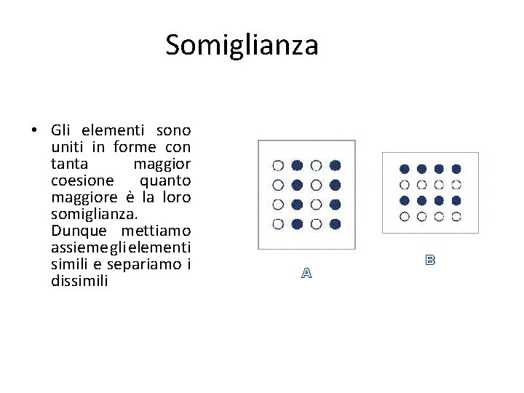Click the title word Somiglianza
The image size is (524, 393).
tap(242, 45)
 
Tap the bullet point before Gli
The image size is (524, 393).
tap(34, 131)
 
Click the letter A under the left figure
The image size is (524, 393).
tap(306, 274)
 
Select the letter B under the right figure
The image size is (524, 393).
tap(430, 259)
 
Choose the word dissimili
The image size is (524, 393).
tap(79, 281)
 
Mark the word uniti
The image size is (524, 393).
tap(66, 147)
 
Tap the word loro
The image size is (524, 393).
tap(175, 196)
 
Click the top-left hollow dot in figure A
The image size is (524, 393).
tap(278, 165)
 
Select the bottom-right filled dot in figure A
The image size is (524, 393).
tap(335, 223)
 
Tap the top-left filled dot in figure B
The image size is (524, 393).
tap(405, 169)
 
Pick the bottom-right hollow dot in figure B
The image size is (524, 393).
tap(456, 216)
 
